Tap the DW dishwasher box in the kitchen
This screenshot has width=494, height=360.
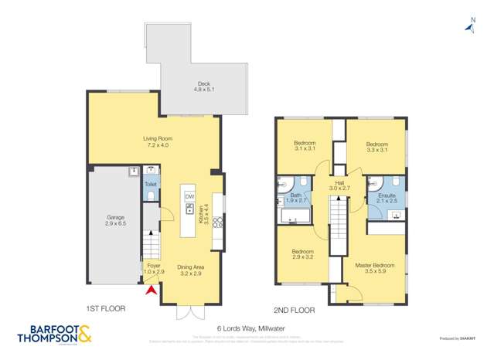189,196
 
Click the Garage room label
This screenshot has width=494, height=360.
115,220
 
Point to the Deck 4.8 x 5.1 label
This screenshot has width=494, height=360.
203,87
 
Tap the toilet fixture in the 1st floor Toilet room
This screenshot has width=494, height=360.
151,196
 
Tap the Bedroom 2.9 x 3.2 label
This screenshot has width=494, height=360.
302,255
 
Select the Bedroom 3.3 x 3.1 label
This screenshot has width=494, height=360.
376,147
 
